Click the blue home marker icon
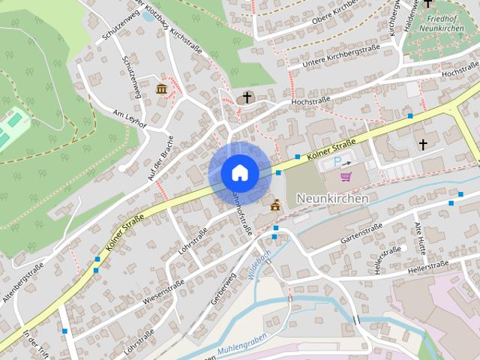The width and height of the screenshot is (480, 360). [x=239, y=172]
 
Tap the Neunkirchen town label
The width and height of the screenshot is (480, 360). [x=332, y=199]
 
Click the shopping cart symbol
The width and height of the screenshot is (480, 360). [x=346, y=177]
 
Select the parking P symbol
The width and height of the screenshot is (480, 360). [x=337, y=162]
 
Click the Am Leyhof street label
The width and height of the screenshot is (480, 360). [x=130, y=117]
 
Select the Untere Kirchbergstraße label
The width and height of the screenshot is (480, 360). [x=340, y=58]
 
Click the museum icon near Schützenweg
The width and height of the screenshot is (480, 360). [x=162, y=89]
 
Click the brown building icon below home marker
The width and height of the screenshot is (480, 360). [x=274, y=205]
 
